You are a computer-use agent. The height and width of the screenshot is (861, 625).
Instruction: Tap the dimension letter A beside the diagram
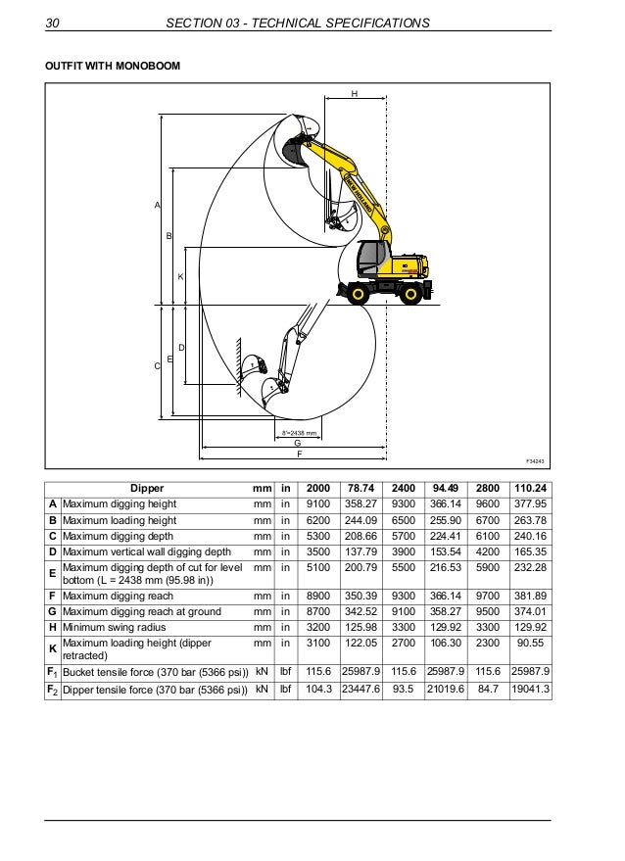(x=156, y=206)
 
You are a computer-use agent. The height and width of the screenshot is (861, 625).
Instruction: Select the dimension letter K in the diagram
(x=180, y=277)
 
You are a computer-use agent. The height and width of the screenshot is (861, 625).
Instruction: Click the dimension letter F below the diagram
(x=299, y=454)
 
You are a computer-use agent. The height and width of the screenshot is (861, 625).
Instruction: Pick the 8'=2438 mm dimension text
(x=298, y=432)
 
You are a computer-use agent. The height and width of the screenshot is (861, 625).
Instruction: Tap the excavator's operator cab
(x=370, y=259)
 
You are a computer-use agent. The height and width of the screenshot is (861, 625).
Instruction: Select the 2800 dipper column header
(x=487, y=488)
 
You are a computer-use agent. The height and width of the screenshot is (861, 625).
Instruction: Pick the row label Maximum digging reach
(x=119, y=597)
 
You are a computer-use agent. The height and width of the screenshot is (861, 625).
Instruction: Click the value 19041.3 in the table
(x=531, y=691)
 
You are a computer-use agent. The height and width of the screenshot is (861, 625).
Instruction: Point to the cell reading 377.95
(x=531, y=503)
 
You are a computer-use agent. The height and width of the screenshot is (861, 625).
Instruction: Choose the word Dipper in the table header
(x=147, y=488)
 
